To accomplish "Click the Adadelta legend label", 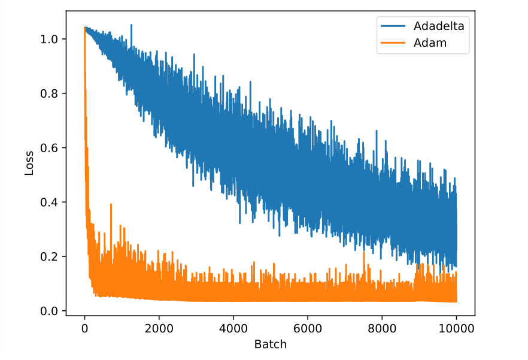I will tap(438, 26).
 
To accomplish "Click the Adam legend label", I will tap(430, 43).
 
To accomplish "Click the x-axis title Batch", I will tap(271, 344).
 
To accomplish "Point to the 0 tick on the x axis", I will tap(84, 329).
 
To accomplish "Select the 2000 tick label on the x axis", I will tap(159, 329).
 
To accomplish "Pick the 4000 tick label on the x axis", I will tap(233, 329).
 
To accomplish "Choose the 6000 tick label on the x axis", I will tap(308, 329).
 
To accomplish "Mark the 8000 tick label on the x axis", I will tap(382, 329).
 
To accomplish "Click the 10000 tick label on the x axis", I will tap(456, 329).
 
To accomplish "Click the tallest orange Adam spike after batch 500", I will tap(111, 205).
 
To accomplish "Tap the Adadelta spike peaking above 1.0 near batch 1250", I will tap(131, 26).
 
